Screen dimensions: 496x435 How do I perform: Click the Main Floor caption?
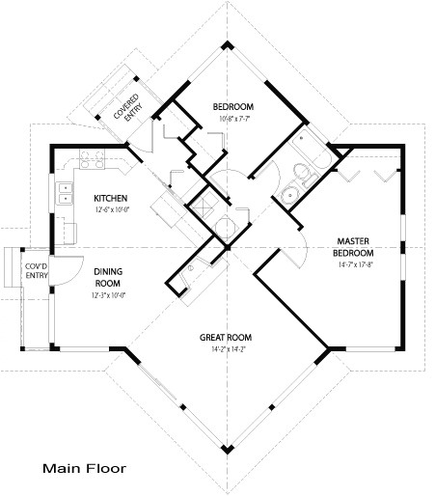[83, 470]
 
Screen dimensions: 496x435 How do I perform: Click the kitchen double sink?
[66, 193]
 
